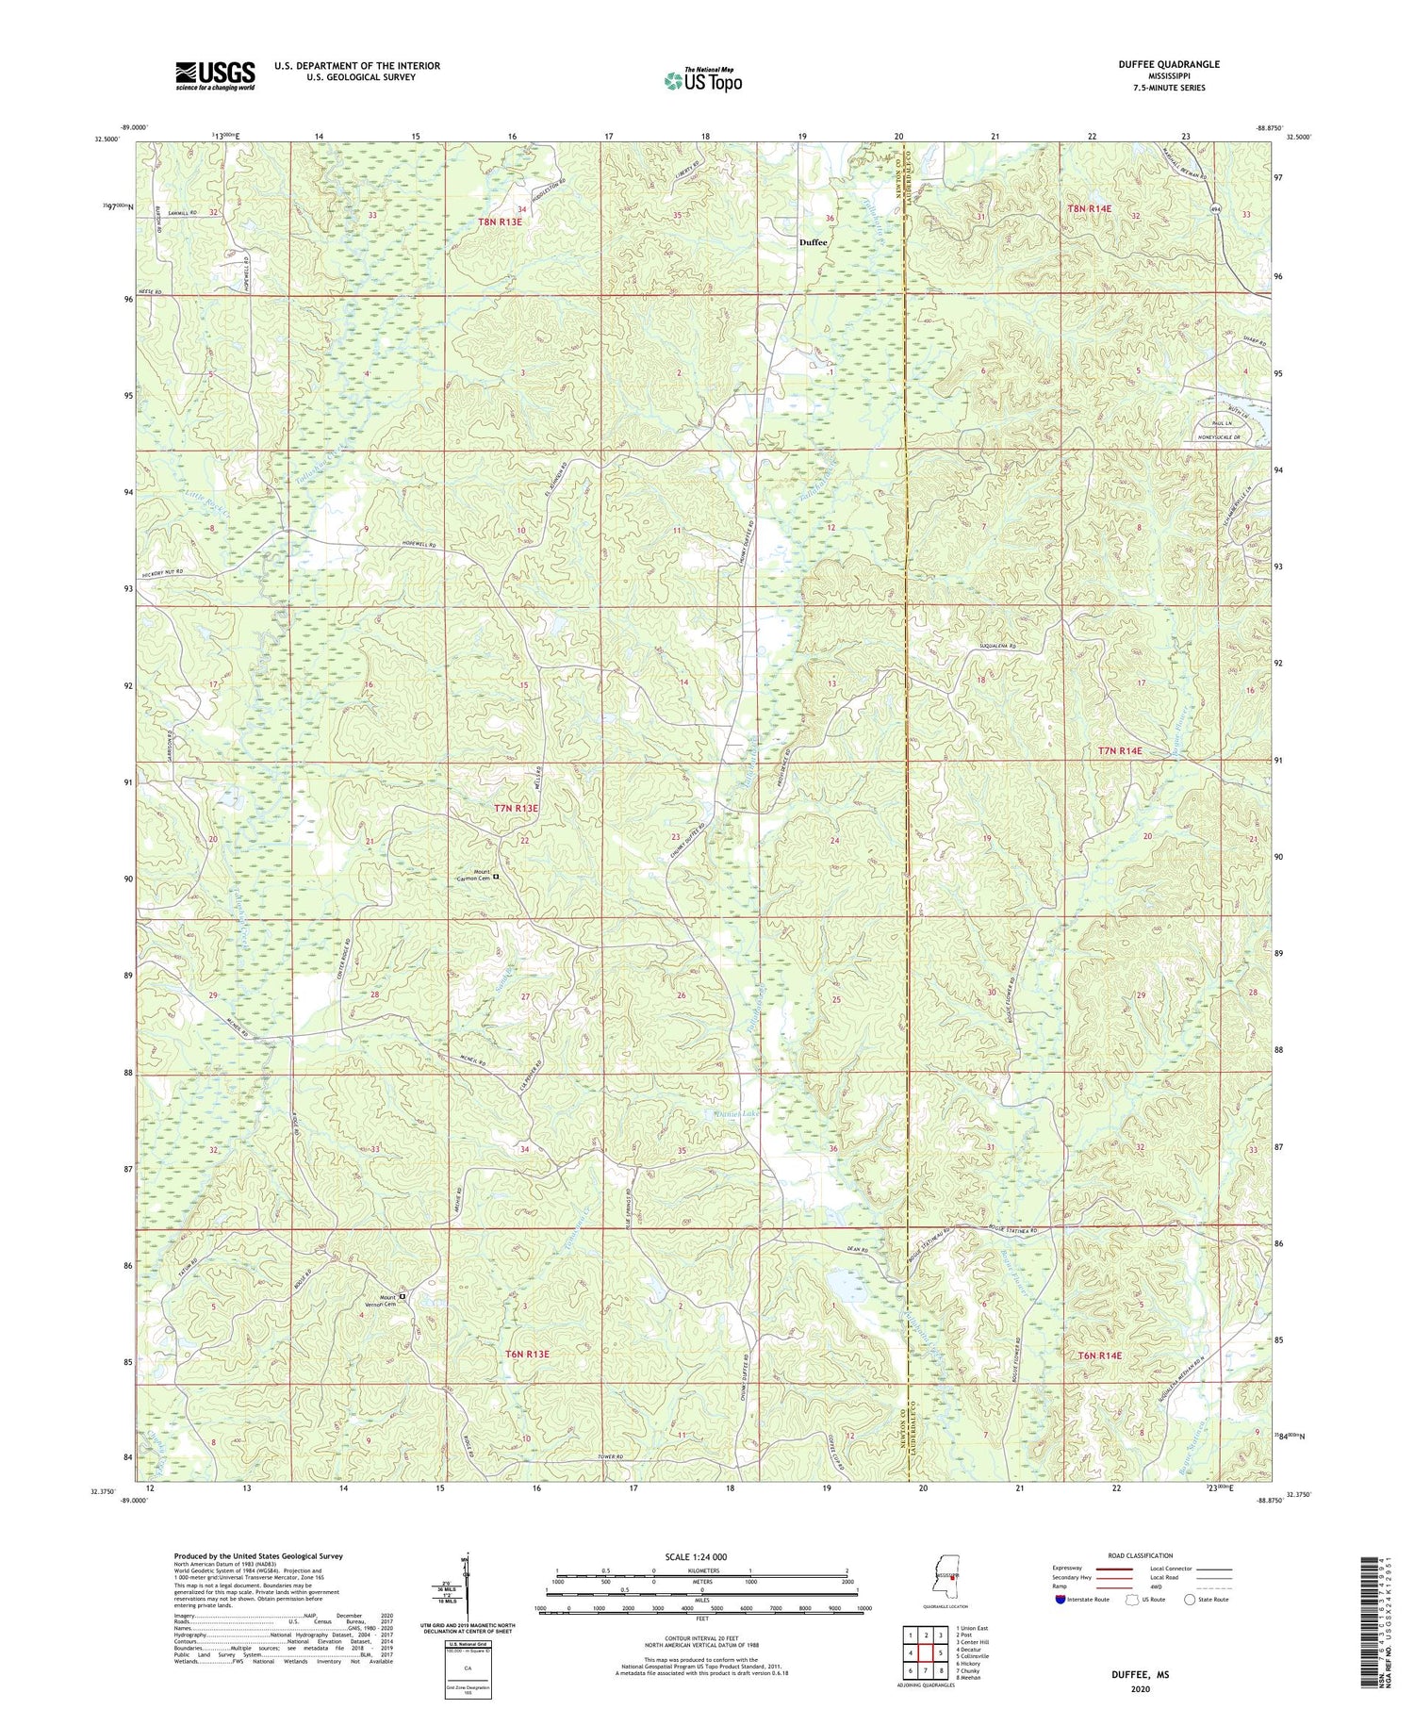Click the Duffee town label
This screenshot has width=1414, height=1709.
tap(813, 242)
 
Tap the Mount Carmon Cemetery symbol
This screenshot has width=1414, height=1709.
tap(496, 877)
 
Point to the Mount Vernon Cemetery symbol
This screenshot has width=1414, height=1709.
tap(403, 1297)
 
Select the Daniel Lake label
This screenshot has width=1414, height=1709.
tap(735, 1114)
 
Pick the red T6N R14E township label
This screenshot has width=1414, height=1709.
tap(1100, 1356)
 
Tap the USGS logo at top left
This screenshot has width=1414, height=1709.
tap(215, 74)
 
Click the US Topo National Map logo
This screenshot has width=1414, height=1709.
tap(702, 80)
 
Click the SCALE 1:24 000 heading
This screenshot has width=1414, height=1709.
tap(701, 1556)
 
